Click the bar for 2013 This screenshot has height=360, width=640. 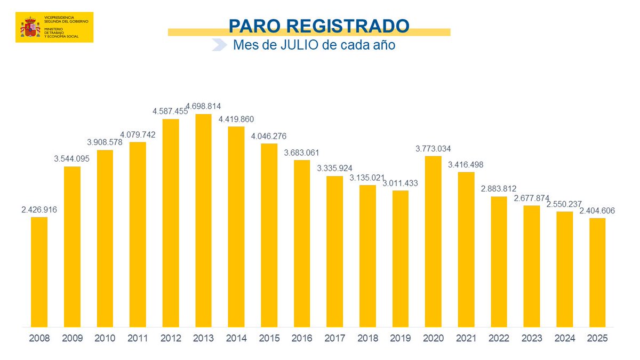click(x=203, y=220)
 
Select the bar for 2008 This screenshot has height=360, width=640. click(x=39, y=271)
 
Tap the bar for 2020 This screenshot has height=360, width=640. click(x=433, y=241)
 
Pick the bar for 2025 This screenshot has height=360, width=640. click(x=597, y=272)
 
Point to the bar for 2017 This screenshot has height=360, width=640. click(x=334, y=251)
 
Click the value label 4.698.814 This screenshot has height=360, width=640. click(x=203, y=106)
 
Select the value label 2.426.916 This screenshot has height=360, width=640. click(x=39, y=210)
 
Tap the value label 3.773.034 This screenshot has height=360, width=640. click(x=433, y=148)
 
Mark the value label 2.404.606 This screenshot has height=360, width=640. click(x=597, y=210)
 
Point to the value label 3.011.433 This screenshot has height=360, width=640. click(x=400, y=183)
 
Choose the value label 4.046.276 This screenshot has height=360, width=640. click(x=269, y=136)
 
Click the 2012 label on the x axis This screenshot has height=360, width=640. click(x=170, y=338)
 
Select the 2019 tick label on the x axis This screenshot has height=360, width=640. click(x=400, y=338)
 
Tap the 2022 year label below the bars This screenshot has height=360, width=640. click(x=499, y=338)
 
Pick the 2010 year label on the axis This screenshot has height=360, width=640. click(x=105, y=338)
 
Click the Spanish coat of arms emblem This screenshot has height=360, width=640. click(x=30, y=27)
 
